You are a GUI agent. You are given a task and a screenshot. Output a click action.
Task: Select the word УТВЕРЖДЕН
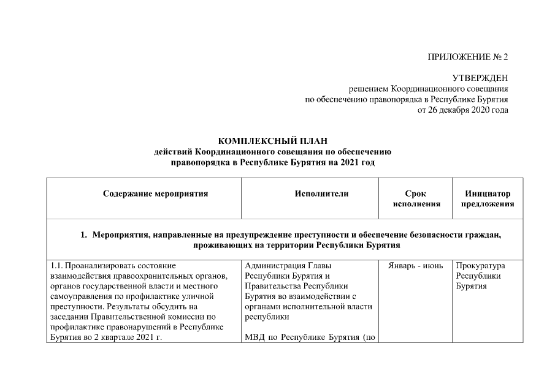pos(480,78)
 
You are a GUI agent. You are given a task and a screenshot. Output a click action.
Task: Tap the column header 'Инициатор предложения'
pos(488,198)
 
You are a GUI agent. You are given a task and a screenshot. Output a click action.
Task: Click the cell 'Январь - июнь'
pos(416,266)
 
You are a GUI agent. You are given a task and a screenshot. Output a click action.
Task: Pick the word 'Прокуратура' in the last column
pos(480,266)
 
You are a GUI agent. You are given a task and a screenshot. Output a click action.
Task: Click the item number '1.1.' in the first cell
pos(56,266)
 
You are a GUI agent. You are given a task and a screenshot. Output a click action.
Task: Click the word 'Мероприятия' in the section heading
pos(123,235)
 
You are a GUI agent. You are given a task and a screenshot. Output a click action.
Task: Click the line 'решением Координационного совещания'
pos(428,89)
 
